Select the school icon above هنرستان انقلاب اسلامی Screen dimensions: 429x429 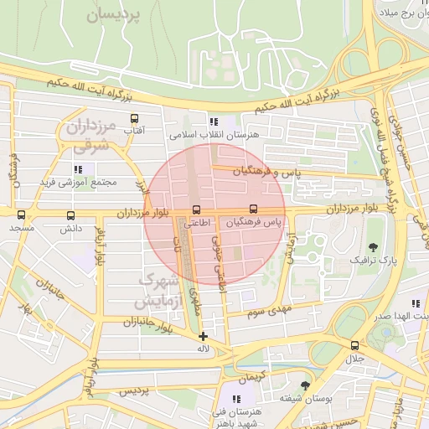214,121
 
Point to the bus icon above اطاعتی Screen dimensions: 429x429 197,209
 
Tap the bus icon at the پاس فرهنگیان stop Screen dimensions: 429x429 253,209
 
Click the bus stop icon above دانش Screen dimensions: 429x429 70,214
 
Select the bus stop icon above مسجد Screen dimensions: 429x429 23,214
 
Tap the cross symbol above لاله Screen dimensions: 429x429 202,336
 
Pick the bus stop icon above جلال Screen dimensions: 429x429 354,345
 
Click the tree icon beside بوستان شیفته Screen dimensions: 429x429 304,386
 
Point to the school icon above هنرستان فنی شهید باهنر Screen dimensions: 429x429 236,400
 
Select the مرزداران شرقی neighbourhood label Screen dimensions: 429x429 88,137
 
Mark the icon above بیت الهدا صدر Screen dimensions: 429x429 416,303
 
